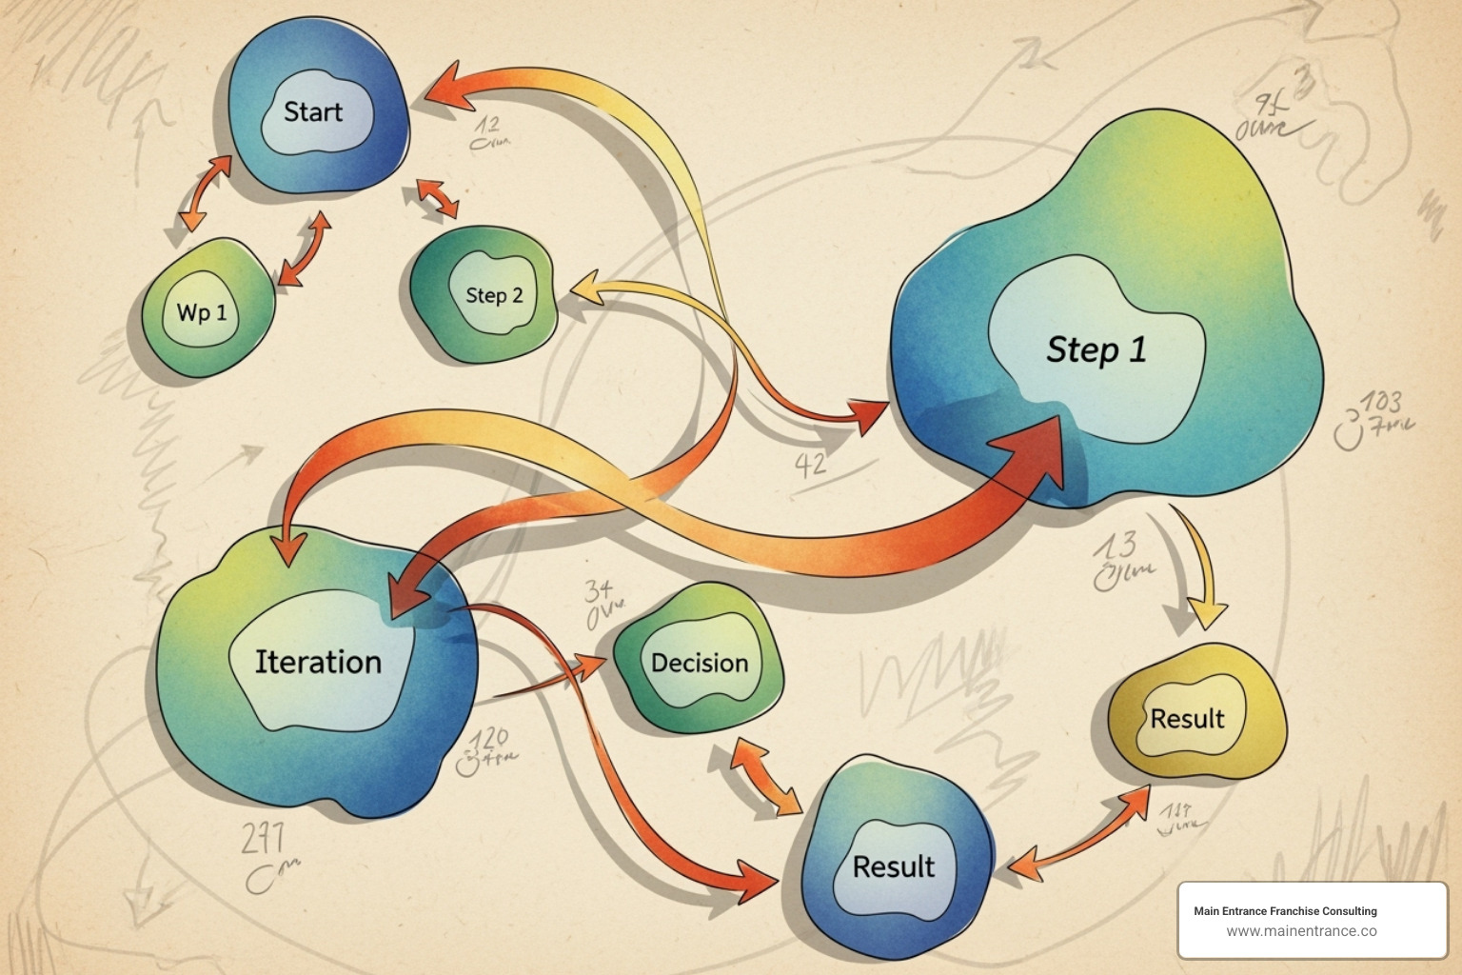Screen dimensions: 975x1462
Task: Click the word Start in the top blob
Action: (x=312, y=112)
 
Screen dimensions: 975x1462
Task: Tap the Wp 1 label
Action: (x=202, y=312)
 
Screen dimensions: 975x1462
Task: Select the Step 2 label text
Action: (x=494, y=295)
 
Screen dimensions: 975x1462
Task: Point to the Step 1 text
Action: (x=1096, y=349)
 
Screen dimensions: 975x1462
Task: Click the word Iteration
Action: (x=318, y=662)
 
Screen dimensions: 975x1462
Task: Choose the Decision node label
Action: (x=700, y=663)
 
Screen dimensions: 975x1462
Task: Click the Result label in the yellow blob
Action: (x=1187, y=719)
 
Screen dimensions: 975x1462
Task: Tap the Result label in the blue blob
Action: (x=893, y=866)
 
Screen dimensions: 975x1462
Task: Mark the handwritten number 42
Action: (x=810, y=466)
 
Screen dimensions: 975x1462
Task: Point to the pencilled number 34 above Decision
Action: (x=599, y=590)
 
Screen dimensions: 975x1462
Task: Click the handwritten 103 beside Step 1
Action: (x=1379, y=403)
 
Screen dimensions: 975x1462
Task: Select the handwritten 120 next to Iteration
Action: (x=488, y=739)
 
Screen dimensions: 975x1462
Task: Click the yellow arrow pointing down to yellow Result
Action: (x=1201, y=571)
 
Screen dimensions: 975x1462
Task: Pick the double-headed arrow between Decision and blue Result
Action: (x=765, y=778)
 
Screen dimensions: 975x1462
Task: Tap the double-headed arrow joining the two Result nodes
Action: (x=1079, y=831)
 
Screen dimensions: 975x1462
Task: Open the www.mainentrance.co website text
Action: (x=1301, y=931)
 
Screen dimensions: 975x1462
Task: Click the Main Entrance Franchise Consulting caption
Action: (x=1285, y=911)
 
